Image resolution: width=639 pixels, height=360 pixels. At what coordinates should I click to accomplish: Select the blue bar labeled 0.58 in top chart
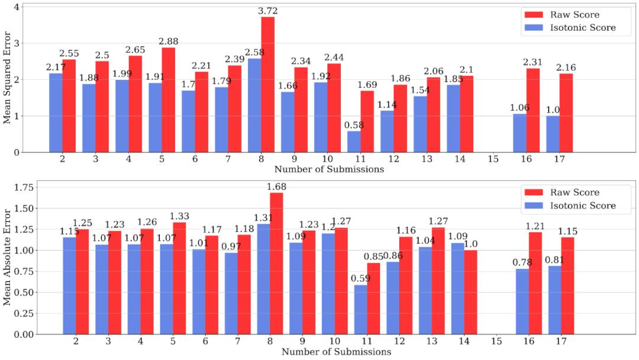[354, 142]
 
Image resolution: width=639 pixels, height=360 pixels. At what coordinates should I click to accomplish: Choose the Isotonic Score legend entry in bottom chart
[569, 206]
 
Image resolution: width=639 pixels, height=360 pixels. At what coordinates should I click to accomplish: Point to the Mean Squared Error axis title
[7, 79]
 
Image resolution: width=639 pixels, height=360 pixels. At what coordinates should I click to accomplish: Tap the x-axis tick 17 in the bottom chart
[559, 342]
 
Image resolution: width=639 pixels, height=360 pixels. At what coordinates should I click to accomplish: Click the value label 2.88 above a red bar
[168, 41]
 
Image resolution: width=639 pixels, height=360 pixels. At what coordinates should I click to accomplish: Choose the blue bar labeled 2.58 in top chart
[254, 105]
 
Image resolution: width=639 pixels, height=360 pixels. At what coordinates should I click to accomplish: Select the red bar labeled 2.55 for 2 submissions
[69, 106]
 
